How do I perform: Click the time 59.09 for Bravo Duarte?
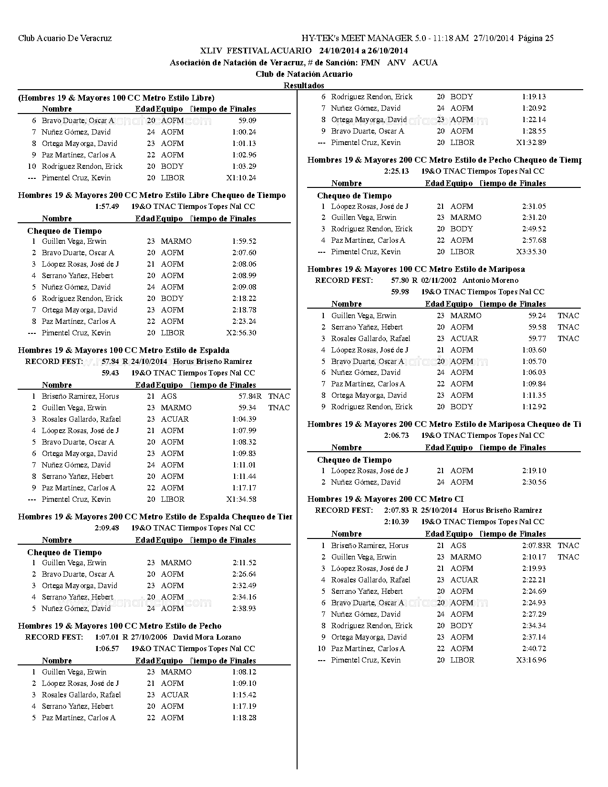[x=247, y=121]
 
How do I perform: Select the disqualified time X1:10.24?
[x=241, y=178]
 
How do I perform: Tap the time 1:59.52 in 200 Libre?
[x=244, y=241]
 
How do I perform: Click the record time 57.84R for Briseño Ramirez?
[x=250, y=396]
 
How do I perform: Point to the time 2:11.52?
[x=244, y=563]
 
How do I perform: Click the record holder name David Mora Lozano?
[x=207, y=637]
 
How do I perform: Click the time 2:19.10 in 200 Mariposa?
[x=534, y=471]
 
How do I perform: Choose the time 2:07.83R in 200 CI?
[x=536, y=546]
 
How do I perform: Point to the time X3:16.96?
[x=531, y=660]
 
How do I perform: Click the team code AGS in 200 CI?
[x=458, y=546]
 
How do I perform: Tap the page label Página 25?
[x=536, y=38]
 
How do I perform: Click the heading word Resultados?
[x=304, y=85]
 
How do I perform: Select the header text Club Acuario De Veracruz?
[x=65, y=38]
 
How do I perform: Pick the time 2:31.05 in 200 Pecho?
[x=534, y=207]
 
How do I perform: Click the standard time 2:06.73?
[x=396, y=435]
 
